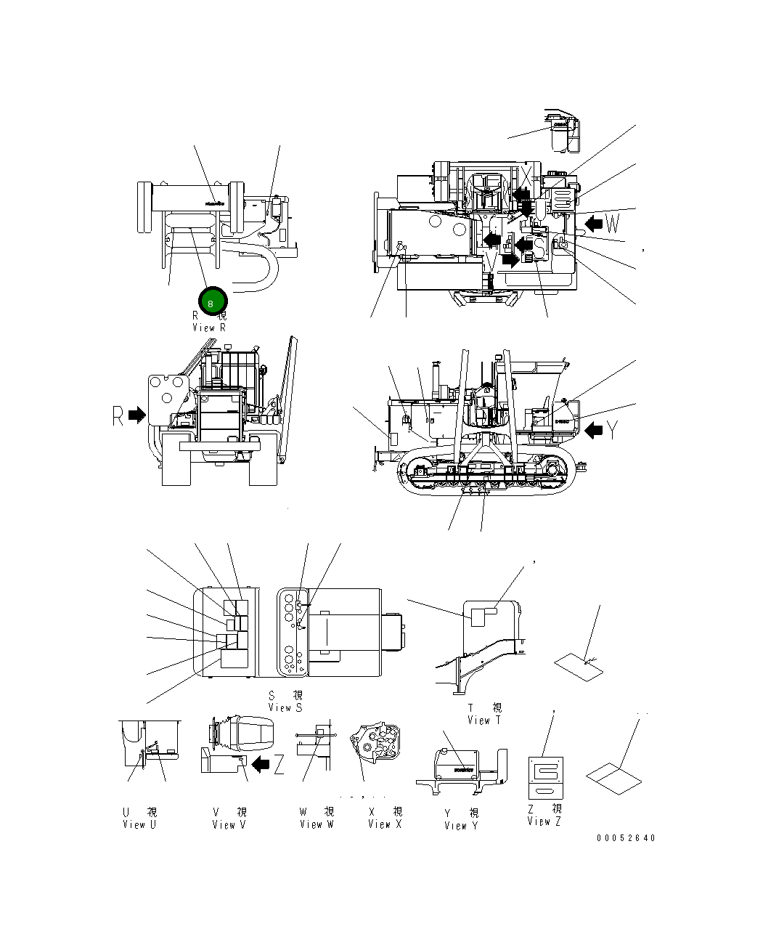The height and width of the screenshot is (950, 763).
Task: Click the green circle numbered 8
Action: pyautogui.click(x=211, y=301)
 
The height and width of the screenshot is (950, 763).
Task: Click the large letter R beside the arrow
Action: pyautogui.click(x=118, y=415)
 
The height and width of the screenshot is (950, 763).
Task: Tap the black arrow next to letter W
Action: pyautogui.click(x=595, y=222)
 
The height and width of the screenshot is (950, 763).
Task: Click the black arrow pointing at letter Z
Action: pyautogui.click(x=260, y=763)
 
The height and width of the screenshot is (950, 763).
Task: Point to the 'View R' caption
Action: pyautogui.click(x=209, y=328)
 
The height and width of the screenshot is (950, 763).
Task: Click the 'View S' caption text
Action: pyautogui.click(x=285, y=707)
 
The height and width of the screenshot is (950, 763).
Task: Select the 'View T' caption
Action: pyautogui.click(x=483, y=720)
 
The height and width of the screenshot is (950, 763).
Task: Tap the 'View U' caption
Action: pyautogui.click(x=139, y=824)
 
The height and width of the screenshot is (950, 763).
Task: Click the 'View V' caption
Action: pyautogui.click(x=229, y=824)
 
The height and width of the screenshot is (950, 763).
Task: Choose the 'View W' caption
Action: pyautogui.click(x=317, y=824)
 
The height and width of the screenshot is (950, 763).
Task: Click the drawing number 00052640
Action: pyautogui.click(x=626, y=837)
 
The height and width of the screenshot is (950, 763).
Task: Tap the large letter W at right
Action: pyautogui.click(x=614, y=222)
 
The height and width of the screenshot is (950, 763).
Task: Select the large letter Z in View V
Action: pyautogui.click(x=278, y=764)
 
